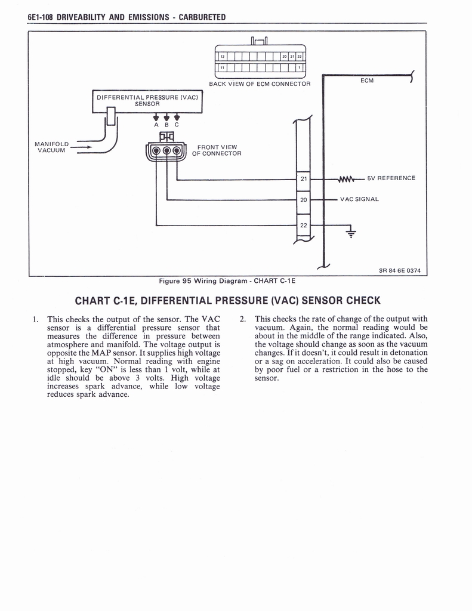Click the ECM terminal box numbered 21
pyautogui.click(x=303, y=179)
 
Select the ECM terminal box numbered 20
pyautogui.click(x=303, y=200)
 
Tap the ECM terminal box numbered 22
pyautogui.click(x=303, y=225)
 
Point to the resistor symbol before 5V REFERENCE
pyautogui.click(x=346, y=179)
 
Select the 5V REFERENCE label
pyautogui.click(x=391, y=178)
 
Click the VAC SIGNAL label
pyautogui.click(x=359, y=200)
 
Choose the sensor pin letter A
pyautogui.click(x=156, y=125)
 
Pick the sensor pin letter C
pyautogui.click(x=177, y=125)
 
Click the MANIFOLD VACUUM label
pyautogui.click(x=52, y=147)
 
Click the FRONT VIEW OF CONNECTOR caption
pyautogui.click(x=217, y=150)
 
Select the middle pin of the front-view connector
pyautogui.click(x=166, y=150)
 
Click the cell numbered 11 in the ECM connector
pyautogui.click(x=222, y=68)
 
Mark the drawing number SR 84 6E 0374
pyautogui.click(x=400, y=271)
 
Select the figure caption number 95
pyautogui.click(x=186, y=280)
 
